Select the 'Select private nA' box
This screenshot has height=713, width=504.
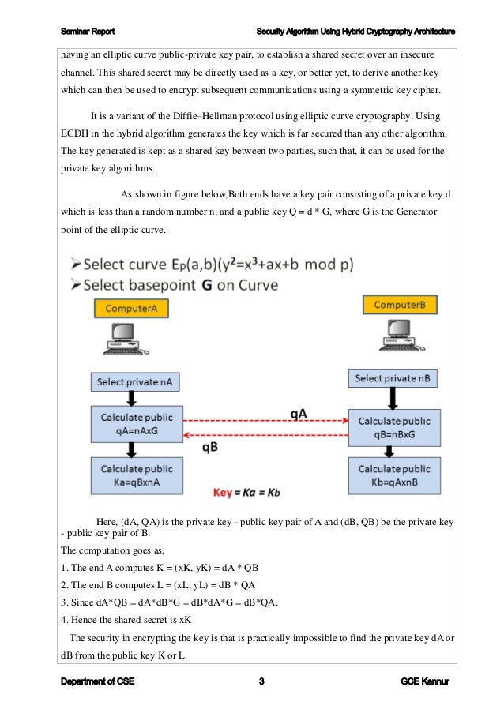135,382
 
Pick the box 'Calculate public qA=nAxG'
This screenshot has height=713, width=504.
137,423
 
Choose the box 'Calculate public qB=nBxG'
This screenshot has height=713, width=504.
394,428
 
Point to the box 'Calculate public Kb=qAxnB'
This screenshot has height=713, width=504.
394,475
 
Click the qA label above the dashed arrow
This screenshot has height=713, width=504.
299,414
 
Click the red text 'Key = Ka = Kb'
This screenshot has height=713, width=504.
247,493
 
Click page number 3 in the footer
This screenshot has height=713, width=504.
261,681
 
